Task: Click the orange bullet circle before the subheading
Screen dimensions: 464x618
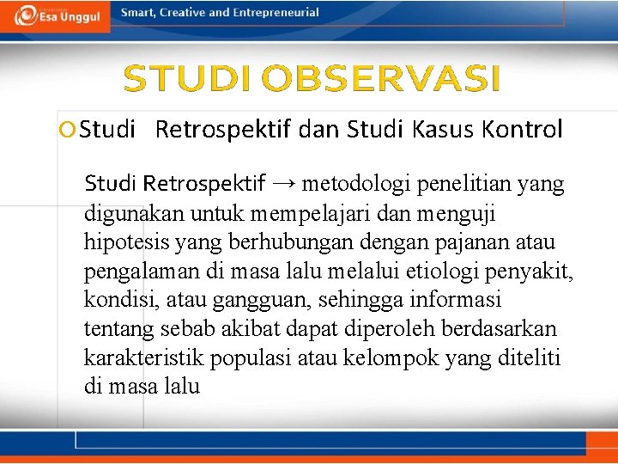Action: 68,130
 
